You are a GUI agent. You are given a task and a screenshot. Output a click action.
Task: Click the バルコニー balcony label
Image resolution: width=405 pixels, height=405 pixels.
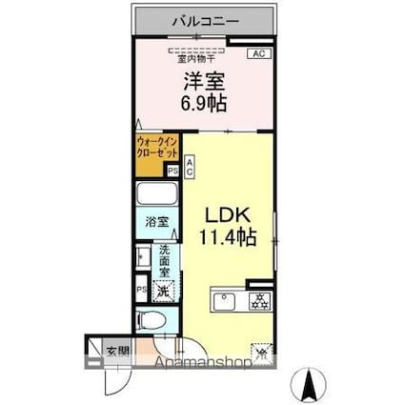click(205, 18)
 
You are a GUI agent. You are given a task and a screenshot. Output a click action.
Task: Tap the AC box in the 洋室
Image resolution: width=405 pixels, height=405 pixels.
click(257, 54)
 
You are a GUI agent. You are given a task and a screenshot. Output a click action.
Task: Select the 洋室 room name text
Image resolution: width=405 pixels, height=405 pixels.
click(204, 81)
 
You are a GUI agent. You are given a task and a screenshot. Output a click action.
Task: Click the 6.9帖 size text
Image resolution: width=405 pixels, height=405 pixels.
click(205, 102)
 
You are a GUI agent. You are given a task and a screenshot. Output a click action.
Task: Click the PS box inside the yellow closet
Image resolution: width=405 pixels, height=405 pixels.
click(172, 172)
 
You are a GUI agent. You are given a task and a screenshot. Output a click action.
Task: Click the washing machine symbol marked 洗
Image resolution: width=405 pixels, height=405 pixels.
click(163, 289)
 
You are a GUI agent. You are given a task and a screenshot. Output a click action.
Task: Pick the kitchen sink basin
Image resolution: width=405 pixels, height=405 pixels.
click(226, 302)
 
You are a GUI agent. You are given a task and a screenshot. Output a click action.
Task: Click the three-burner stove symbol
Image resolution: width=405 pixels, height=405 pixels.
click(256, 302)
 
